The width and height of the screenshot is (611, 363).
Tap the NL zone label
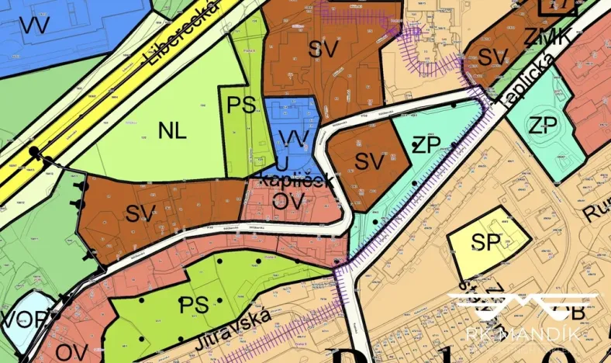click(x=172, y=130)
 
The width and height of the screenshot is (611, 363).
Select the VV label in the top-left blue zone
click(x=34, y=26)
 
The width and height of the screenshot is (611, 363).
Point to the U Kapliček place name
click(x=298, y=174)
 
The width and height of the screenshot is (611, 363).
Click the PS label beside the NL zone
click(x=241, y=106)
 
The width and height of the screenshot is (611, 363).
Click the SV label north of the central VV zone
click(x=323, y=49)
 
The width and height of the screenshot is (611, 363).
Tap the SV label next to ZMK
click(x=493, y=56)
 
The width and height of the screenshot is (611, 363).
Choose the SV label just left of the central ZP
click(x=370, y=161)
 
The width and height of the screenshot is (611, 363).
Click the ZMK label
click(x=547, y=36)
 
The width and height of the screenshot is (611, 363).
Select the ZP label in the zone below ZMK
click(x=544, y=126)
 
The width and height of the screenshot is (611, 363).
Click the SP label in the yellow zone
click(x=488, y=242)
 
